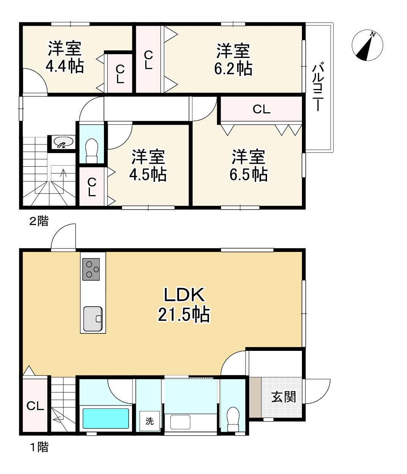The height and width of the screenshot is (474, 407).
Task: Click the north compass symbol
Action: (367, 45)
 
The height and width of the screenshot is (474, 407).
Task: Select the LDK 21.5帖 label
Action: (184, 305)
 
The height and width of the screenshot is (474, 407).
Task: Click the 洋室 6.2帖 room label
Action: (233, 59)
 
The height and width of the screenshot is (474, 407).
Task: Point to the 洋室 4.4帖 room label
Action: (65, 57)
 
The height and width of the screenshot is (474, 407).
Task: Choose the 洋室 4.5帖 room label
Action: (148, 166)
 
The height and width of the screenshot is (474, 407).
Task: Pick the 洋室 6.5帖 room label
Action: (248, 166)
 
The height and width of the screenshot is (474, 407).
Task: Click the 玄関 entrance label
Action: (283, 397)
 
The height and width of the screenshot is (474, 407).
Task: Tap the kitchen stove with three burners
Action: (91, 269)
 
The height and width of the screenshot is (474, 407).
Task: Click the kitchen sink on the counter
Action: (93, 319)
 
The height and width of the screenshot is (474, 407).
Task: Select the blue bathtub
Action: (105, 418)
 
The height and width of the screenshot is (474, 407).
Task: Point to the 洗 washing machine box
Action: (149, 421)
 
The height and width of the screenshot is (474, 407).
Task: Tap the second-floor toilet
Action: (91, 151)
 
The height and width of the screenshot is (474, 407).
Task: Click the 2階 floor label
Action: (39, 221)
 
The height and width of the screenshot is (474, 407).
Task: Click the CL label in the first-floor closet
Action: (35, 406)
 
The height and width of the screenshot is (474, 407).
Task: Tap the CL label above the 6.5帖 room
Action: (261, 110)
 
